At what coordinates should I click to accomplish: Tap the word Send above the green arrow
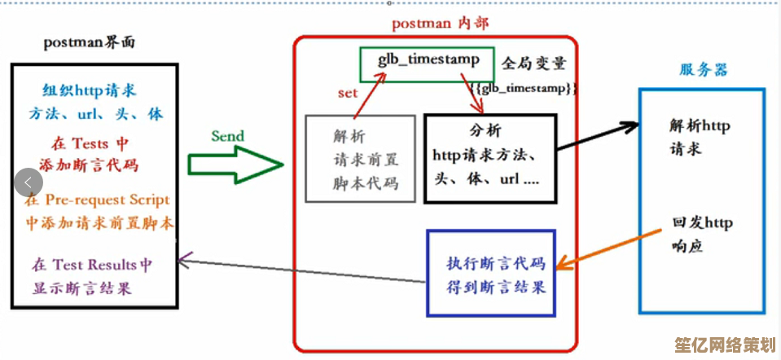pos(227,136)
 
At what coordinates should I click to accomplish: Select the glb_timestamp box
pos(426,60)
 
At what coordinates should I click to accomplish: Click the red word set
pos(348,93)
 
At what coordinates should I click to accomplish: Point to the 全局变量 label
pos(533,63)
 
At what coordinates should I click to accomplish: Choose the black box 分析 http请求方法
pos(489,156)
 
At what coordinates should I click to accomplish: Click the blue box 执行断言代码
pos(491,274)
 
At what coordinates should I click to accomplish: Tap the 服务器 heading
pos(704,70)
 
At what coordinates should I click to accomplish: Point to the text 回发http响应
pos(701,233)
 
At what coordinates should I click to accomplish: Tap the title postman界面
pos(90,43)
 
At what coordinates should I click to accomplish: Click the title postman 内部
pos(440,24)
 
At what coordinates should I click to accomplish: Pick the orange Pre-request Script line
pos(97,200)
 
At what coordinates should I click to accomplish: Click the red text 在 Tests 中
pos(90,143)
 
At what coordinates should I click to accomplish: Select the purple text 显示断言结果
pos(81,288)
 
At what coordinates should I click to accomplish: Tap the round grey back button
pos(29,182)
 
